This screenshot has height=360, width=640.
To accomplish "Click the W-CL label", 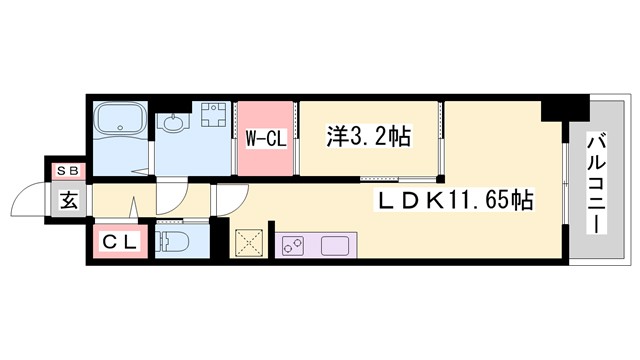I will (266, 140).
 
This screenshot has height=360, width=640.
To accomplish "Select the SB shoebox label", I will (68, 171).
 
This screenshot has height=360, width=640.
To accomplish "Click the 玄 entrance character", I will (67, 200).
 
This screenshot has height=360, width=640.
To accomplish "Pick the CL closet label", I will (120, 241).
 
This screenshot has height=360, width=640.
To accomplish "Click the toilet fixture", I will (176, 241).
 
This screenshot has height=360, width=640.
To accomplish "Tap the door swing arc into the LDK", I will (226, 200).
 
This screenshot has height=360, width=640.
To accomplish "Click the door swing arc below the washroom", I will (172, 199).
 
